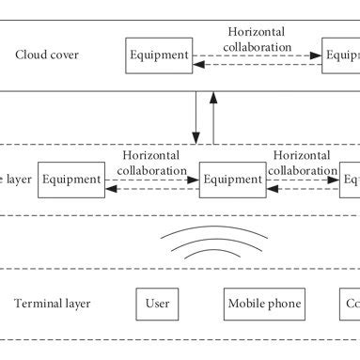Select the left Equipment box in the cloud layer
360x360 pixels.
click(159, 55)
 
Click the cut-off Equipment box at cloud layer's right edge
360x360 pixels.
click(340, 55)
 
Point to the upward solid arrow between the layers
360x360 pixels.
click(213, 117)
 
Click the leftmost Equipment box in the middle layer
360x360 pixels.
click(70, 179)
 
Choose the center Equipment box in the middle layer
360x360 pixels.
click(232, 179)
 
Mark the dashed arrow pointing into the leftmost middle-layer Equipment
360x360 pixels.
click(151, 187)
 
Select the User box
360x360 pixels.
click(157, 305)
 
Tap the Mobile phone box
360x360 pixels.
click(264, 305)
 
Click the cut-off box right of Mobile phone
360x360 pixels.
click(350, 305)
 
